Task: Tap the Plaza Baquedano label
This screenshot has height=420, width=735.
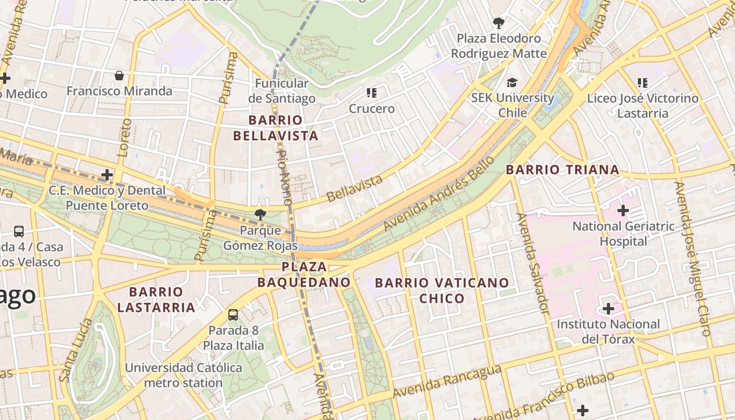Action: pyautogui.click(x=304, y=275)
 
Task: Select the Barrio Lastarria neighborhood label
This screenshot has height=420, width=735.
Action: pyautogui.click(x=156, y=299)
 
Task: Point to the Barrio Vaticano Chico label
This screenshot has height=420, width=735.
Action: pyautogui.click(x=442, y=290)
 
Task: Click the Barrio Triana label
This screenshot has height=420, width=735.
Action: pyautogui.click(x=562, y=170)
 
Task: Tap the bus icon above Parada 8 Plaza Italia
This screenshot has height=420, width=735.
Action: pyautogui.click(x=233, y=315)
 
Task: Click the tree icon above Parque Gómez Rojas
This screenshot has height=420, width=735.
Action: pyautogui.click(x=259, y=214)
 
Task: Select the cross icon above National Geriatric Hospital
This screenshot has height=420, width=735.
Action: pyautogui.click(x=623, y=211)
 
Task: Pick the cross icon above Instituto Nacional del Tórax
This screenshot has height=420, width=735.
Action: pyautogui.click(x=608, y=309)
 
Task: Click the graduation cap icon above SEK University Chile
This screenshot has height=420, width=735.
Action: pyautogui.click(x=512, y=82)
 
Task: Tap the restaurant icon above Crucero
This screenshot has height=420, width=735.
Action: pyautogui.click(x=372, y=93)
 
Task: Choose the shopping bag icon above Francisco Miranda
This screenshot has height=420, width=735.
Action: pyautogui.click(x=119, y=76)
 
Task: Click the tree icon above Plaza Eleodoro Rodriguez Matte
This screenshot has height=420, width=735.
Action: pyautogui.click(x=499, y=23)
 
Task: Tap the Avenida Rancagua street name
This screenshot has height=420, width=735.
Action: pyautogui.click(x=446, y=382)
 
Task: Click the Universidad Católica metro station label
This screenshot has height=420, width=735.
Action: pyautogui.click(x=183, y=375)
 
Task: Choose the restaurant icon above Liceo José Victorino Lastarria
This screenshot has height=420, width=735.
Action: pyautogui.click(x=642, y=82)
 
